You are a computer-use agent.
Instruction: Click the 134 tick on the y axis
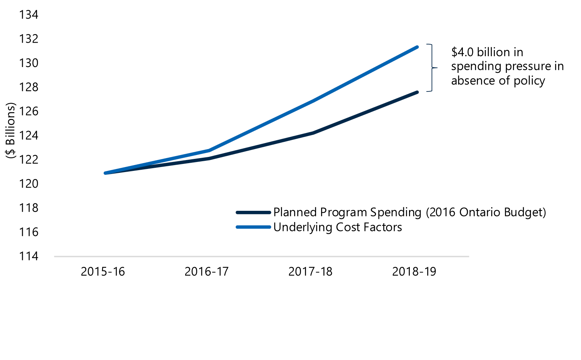pos(29,15)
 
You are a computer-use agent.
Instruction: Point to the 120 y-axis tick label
pos(29,184)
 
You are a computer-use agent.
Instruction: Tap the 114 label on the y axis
pos(29,256)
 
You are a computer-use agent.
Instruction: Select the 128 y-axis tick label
pos(29,87)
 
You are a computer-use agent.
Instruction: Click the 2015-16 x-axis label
pos(103,272)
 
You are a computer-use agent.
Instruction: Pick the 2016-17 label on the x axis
pos(206,272)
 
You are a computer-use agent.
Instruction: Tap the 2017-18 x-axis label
pos(310,272)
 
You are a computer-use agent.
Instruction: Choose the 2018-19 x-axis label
pos(414,272)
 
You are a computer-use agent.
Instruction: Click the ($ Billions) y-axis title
pos(10,130)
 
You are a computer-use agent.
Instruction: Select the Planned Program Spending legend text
pos(409,212)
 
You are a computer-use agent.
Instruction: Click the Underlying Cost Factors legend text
pos(337,227)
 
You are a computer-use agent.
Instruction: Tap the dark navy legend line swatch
pos(253,213)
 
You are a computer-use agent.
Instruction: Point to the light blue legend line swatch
pos(253,227)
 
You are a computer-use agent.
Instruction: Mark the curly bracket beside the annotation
pos(432,68)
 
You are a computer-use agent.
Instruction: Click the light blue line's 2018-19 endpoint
pos(417,47)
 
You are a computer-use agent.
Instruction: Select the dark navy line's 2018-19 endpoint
pos(417,92)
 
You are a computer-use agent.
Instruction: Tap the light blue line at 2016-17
pos(209,150)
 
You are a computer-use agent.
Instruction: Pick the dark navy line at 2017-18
pos(313,133)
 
